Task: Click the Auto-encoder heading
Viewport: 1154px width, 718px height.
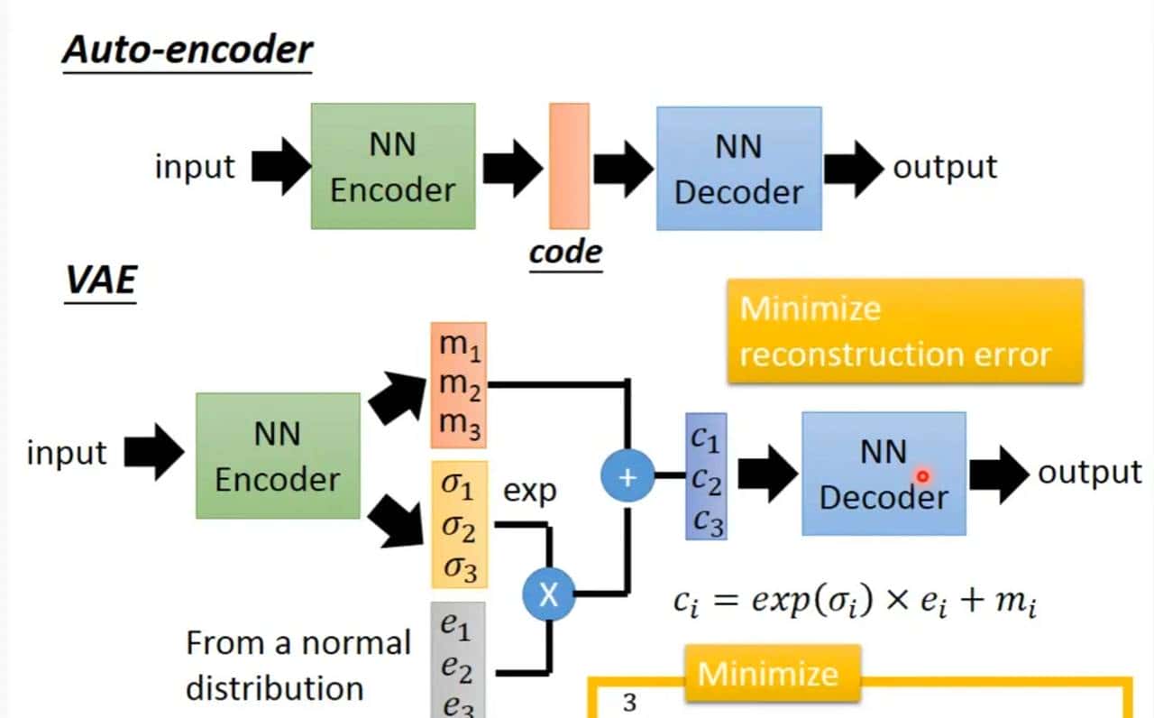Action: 188,51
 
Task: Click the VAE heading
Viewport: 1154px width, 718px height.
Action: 100,281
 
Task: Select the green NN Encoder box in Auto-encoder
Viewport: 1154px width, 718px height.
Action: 393,166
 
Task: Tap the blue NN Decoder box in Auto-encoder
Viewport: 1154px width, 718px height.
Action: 738,169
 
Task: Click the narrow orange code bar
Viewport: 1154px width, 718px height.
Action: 569,166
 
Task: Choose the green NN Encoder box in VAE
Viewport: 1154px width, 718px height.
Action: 278,456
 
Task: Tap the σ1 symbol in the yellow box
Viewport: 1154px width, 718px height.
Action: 457,488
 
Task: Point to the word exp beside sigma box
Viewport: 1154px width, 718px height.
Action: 529,492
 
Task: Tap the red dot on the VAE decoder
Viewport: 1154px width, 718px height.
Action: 922,475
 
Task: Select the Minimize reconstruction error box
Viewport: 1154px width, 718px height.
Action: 904,331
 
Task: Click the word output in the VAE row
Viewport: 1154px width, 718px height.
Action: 1089,473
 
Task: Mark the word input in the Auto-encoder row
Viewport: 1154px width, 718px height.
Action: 195,167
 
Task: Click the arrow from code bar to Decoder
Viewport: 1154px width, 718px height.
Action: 622,166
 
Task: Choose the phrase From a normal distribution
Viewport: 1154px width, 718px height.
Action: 298,666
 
